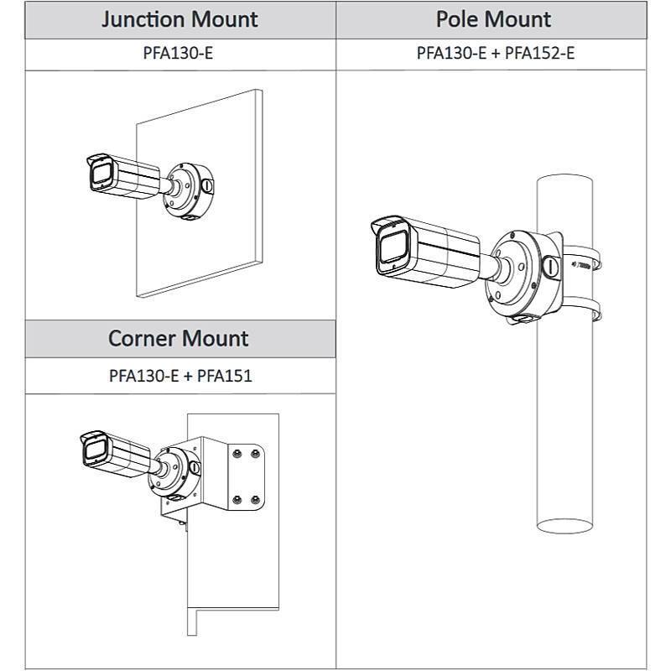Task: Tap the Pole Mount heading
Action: click(493, 19)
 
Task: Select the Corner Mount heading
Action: click(178, 339)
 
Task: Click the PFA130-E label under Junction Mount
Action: click(180, 55)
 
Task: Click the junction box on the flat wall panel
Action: click(190, 192)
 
